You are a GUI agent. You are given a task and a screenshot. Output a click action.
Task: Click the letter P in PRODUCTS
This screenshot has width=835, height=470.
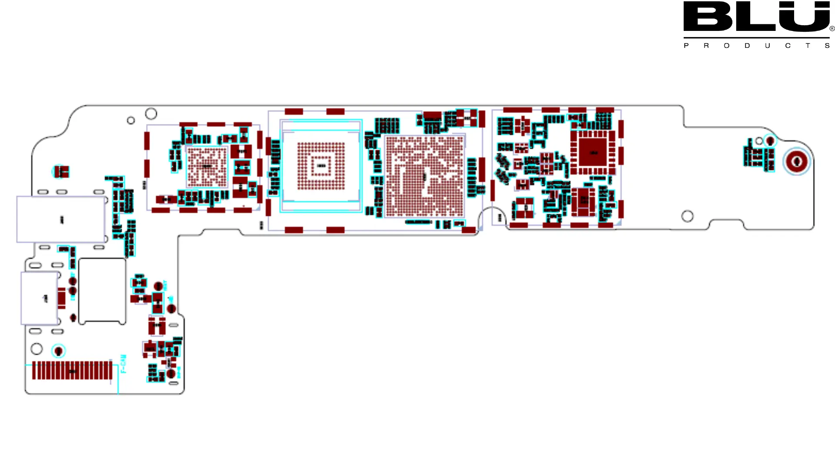click(686, 46)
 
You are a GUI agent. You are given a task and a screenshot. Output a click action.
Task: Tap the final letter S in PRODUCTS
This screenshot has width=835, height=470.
click(827, 46)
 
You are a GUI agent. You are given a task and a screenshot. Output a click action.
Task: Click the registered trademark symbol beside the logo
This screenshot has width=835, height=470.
click(832, 29)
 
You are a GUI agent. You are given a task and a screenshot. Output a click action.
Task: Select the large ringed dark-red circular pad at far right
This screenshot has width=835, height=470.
click(797, 161)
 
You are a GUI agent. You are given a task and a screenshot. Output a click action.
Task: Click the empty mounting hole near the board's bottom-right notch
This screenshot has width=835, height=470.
click(687, 216)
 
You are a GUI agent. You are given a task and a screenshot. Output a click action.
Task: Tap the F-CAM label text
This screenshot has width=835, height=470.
click(124, 364)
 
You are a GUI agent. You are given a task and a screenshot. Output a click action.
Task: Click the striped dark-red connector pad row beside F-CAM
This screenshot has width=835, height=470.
click(72, 371)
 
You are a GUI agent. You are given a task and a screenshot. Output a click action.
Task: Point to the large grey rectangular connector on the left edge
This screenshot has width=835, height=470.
click(61, 219)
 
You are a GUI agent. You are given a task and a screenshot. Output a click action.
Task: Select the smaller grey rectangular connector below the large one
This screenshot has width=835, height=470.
click(40, 298)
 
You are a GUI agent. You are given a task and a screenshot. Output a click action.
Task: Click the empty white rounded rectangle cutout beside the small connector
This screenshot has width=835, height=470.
click(102, 291)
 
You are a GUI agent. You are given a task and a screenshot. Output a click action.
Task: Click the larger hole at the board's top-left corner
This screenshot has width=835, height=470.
click(151, 114)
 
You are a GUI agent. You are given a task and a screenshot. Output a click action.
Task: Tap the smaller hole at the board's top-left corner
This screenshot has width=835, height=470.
click(131, 120)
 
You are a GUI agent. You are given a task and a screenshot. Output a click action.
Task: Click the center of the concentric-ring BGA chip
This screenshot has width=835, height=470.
click(321, 166)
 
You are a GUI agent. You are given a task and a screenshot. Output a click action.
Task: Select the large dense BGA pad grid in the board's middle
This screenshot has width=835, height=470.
click(424, 176)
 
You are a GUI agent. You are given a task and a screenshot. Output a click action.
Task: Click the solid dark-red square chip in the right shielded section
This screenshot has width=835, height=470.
click(593, 152)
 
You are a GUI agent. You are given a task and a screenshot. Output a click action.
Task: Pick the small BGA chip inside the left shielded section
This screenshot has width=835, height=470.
click(207, 166)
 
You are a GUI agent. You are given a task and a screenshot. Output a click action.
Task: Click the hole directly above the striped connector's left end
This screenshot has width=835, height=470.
click(37, 349)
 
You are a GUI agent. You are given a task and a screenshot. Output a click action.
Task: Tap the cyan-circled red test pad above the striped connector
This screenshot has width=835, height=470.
click(58, 351)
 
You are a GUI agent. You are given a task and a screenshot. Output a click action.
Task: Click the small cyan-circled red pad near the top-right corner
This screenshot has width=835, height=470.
click(770, 141)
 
